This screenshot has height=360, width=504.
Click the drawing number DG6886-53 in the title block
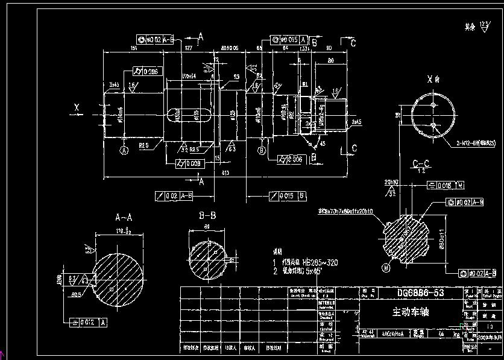[x=421, y=293]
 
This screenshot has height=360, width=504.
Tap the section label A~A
[x=124, y=216]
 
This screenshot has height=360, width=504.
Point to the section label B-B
[x=207, y=215]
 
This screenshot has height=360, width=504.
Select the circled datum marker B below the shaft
[x=261, y=150]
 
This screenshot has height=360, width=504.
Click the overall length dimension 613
[x=224, y=173]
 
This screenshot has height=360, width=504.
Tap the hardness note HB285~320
[x=313, y=263]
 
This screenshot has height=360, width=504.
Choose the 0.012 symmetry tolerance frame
[x=88, y=323]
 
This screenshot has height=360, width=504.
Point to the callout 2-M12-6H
[x=473, y=143]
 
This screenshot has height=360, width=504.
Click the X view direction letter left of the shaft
[x=77, y=107]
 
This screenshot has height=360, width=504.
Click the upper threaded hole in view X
[x=433, y=105]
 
